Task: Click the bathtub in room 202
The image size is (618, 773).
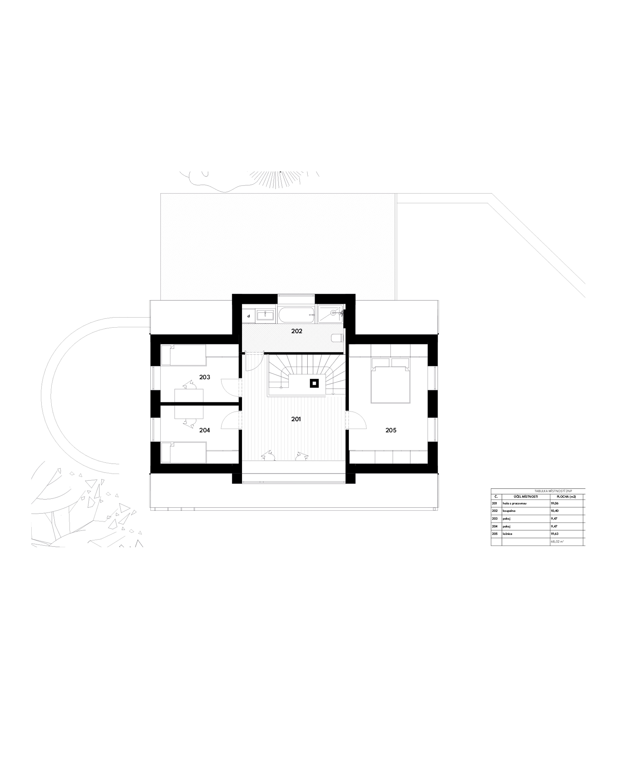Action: [x=296, y=315]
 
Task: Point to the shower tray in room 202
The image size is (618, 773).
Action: [x=330, y=314]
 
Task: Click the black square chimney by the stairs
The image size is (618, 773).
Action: [x=314, y=383]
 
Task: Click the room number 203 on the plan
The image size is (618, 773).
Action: [x=205, y=377]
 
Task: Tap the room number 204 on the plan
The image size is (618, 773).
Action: [x=205, y=430]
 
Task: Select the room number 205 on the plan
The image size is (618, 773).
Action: [x=391, y=430]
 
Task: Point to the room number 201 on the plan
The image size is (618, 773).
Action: [x=296, y=419]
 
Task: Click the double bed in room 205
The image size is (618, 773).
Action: [x=390, y=380]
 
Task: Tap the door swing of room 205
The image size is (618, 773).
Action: [x=356, y=420]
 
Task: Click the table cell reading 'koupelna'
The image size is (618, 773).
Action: [x=509, y=511]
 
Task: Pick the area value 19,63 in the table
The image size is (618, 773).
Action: [x=554, y=534]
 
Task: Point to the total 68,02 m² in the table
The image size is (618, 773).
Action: [x=557, y=542]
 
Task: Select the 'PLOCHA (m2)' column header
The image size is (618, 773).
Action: [x=566, y=497]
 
